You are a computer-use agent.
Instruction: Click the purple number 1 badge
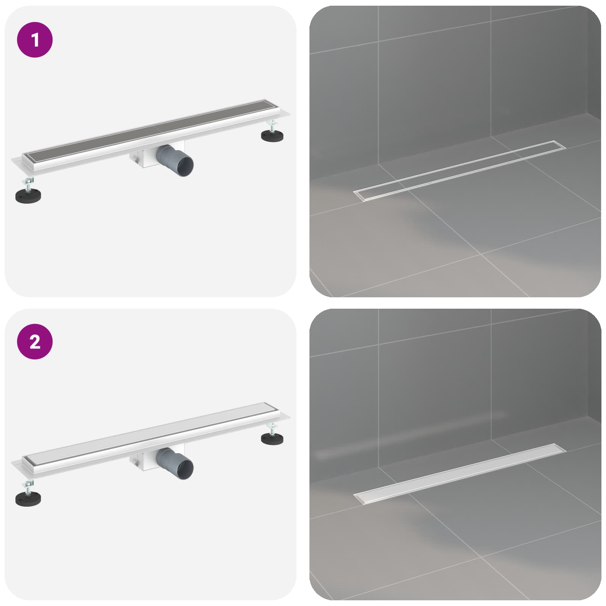(x=35, y=40)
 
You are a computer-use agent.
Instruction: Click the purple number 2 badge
(x=35, y=342)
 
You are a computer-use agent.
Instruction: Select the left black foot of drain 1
(x=28, y=196)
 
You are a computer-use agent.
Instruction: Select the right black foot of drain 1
(x=272, y=136)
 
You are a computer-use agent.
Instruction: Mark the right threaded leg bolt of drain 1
(x=272, y=126)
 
